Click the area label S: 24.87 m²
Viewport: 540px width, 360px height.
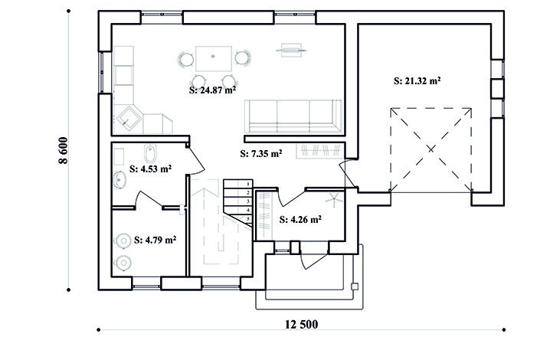tap(212, 90)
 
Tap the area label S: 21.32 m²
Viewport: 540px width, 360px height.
tap(417, 81)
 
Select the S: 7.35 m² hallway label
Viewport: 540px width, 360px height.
tap(261, 154)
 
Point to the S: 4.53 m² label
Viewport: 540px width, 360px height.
tap(150, 169)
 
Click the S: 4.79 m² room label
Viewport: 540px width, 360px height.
tap(155, 240)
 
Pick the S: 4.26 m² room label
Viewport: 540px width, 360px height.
tap(300, 219)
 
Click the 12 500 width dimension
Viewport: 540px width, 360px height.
tap(301, 324)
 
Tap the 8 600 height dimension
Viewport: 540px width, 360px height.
tap(64, 151)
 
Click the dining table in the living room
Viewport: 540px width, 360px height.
tap(214, 59)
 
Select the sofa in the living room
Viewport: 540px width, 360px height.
tap(293, 116)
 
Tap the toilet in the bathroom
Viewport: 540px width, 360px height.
tap(150, 153)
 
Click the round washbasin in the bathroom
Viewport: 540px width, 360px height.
tap(119, 180)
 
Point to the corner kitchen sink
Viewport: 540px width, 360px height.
tap(128, 118)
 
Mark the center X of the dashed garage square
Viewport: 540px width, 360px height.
tap(430, 149)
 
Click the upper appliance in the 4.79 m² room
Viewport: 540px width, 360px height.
tap(123, 241)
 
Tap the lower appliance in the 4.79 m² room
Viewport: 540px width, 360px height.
tap(123, 263)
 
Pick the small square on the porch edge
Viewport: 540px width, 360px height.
tap(355, 286)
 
